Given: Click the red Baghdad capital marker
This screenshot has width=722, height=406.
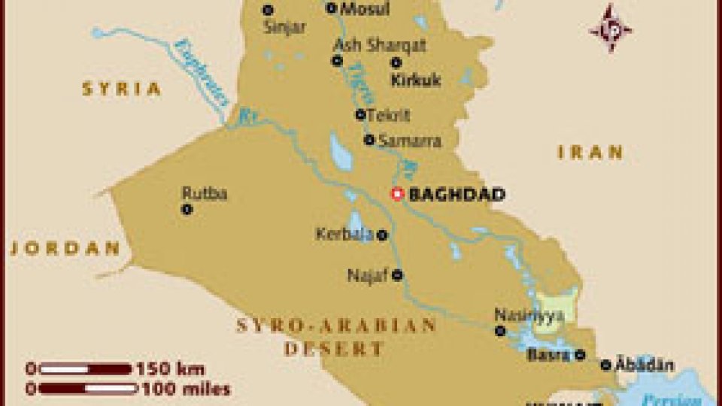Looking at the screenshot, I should click(x=397, y=194).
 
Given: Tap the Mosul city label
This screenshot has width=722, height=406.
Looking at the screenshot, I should click(x=365, y=10).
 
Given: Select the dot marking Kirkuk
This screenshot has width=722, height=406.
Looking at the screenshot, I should click(x=396, y=62).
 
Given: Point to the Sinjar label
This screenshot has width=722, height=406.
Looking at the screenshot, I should click(x=285, y=28).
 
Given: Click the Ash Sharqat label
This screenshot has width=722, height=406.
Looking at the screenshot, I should click(x=380, y=44).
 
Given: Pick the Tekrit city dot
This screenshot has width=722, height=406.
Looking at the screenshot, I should click(x=360, y=114).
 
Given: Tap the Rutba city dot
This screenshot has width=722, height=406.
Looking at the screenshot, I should click(x=187, y=210).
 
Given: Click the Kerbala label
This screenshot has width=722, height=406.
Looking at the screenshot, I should click(x=344, y=235).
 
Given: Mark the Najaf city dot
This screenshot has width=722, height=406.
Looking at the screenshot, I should click(x=397, y=275).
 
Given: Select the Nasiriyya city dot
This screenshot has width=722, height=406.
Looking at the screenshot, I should click(x=500, y=331).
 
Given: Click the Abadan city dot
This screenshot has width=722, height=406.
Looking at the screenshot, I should click(x=606, y=365).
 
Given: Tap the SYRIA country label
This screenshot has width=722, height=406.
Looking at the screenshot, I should click(x=121, y=89).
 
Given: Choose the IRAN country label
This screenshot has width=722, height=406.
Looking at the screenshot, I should click(x=590, y=153).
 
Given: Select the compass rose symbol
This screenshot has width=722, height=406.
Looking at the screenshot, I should click(x=610, y=29).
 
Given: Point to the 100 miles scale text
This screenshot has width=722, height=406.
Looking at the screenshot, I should click(x=184, y=389).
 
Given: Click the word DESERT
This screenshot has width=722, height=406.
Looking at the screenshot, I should click(x=334, y=349).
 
